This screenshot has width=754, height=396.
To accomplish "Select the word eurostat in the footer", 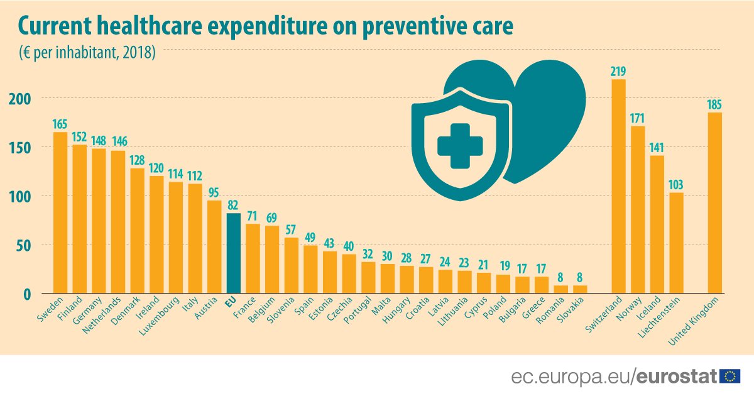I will click(x=676, y=376).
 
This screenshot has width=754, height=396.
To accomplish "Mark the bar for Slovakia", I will click(x=580, y=290).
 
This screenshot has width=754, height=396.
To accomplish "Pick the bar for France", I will click(x=253, y=258).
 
